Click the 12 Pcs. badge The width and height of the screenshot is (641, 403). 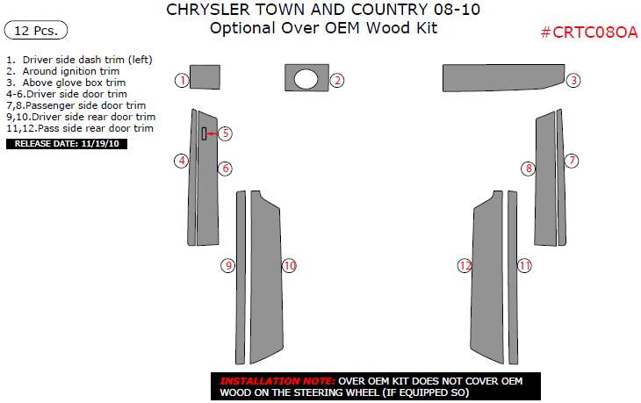pos(36,30)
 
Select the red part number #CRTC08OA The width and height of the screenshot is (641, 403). pos(588,32)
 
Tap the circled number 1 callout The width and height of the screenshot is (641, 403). pos(182,81)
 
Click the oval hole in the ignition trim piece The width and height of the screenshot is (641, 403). pos(306,79)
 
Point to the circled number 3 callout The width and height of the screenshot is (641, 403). pos(573,81)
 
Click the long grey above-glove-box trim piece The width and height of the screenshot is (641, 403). pos(503,77)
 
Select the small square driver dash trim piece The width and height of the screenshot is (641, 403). pos(205,77)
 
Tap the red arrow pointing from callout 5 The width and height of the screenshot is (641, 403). pos(212,133)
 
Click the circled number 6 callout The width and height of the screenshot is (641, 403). pos(225,169)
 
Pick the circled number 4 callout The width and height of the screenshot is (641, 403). pos(182,161)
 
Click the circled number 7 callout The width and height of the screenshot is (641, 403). pos(572,161)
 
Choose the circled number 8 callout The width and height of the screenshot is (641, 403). pos(529,169)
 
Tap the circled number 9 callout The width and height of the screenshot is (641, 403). pos(228,266)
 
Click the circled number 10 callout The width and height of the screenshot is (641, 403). pos(289,266)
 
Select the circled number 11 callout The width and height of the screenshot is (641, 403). pos(524,266)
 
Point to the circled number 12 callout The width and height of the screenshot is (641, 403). pos(465,266)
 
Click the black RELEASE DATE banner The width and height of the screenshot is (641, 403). pos(67,144)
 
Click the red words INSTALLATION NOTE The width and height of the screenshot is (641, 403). pos(277,381)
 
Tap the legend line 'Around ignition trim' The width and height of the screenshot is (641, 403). pos(63,71)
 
